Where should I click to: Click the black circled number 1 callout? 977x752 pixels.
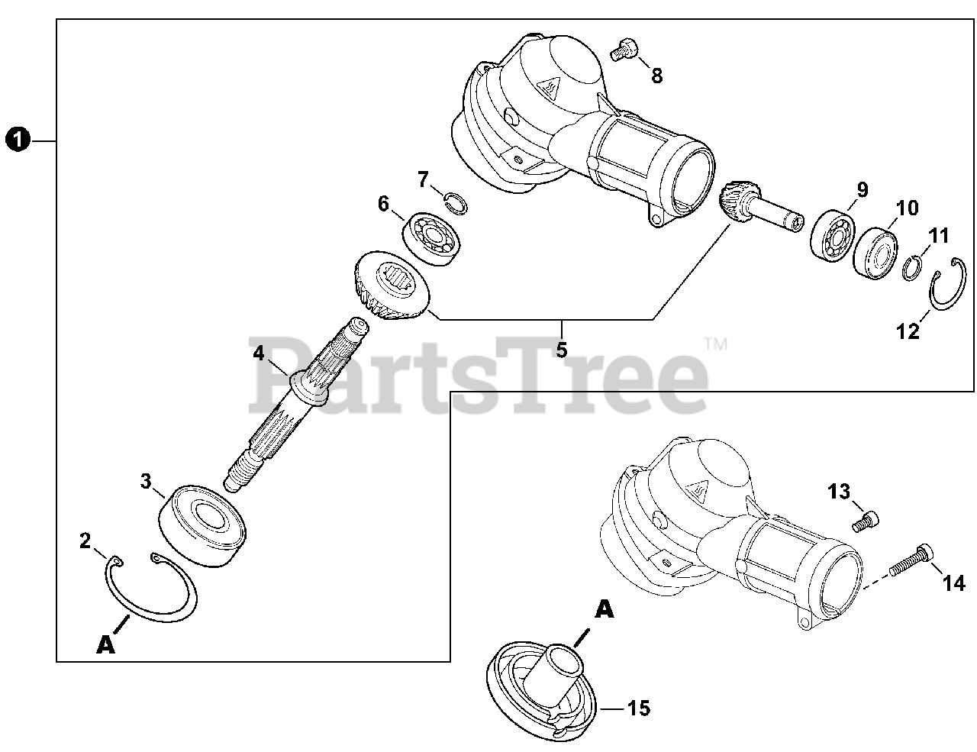pyautogui.click(x=18, y=140)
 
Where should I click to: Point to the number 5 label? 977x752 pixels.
pyautogui.click(x=562, y=350)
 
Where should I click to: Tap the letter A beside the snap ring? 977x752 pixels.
pyautogui.click(x=105, y=645)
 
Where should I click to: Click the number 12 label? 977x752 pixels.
pyautogui.click(x=908, y=331)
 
